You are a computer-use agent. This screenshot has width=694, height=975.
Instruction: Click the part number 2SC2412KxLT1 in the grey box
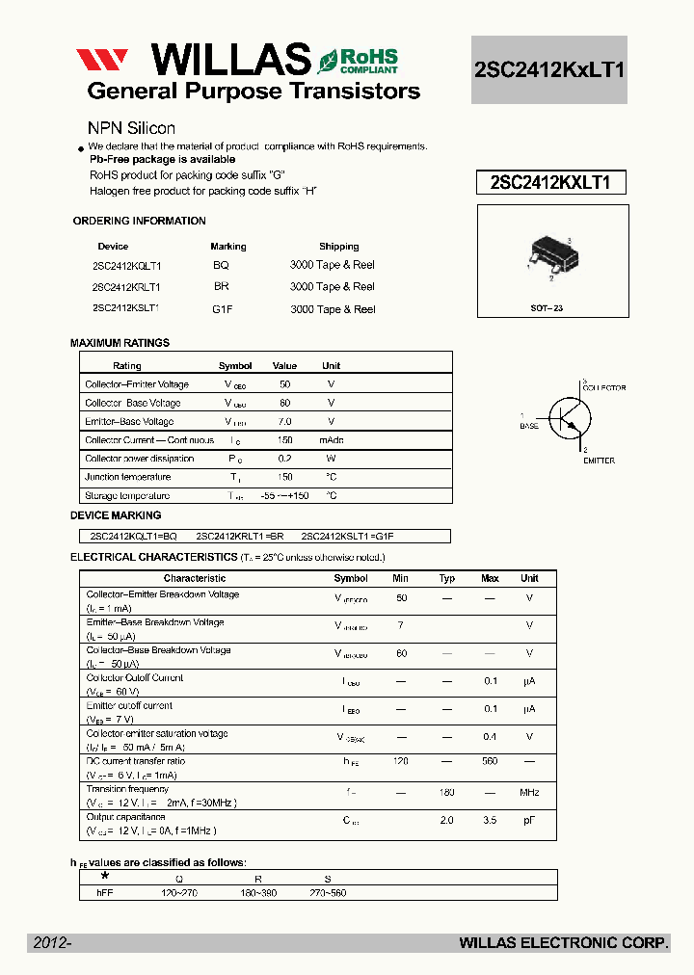[x=549, y=69]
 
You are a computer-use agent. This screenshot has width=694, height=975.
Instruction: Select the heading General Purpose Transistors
[x=254, y=92]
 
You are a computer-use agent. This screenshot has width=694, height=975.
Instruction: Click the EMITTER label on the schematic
[x=598, y=461]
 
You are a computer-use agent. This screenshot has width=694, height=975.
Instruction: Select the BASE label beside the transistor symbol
[x=529, y=426]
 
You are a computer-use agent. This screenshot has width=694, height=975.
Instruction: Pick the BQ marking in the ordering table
[x=221, y=265]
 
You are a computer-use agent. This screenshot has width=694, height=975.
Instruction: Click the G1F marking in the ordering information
[x=223, y=309]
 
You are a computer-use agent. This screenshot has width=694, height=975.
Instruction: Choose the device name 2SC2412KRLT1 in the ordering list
[x=126, y=287]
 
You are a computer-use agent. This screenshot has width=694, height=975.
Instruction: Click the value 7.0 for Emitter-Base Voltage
[x=284, y=421]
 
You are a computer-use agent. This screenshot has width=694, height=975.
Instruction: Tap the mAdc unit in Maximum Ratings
[x=331, y=439]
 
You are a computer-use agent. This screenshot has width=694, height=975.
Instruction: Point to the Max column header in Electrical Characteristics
[x=490, y=578]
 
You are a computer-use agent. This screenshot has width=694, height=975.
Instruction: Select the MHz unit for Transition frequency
[x=529, y=792]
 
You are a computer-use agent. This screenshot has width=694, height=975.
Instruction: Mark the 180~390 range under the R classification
[x=258, y=893]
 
